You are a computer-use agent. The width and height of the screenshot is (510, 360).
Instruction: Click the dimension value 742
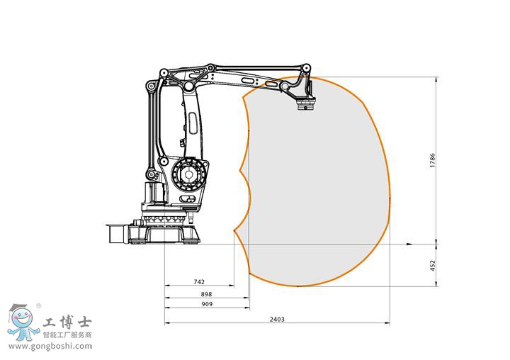199,282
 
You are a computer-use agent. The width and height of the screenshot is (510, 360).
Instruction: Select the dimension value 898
206,293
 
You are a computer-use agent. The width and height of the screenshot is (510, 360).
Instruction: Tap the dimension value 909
207,304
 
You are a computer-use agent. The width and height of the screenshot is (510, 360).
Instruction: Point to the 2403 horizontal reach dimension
277,319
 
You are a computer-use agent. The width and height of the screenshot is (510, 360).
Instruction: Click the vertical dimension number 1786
432,160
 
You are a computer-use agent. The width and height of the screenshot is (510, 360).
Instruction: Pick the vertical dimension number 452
432,265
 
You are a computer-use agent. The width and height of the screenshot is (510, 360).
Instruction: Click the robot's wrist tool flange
306,107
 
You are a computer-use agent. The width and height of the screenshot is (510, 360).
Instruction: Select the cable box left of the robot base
114,233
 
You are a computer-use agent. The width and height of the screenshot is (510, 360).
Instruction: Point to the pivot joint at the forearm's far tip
306,69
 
